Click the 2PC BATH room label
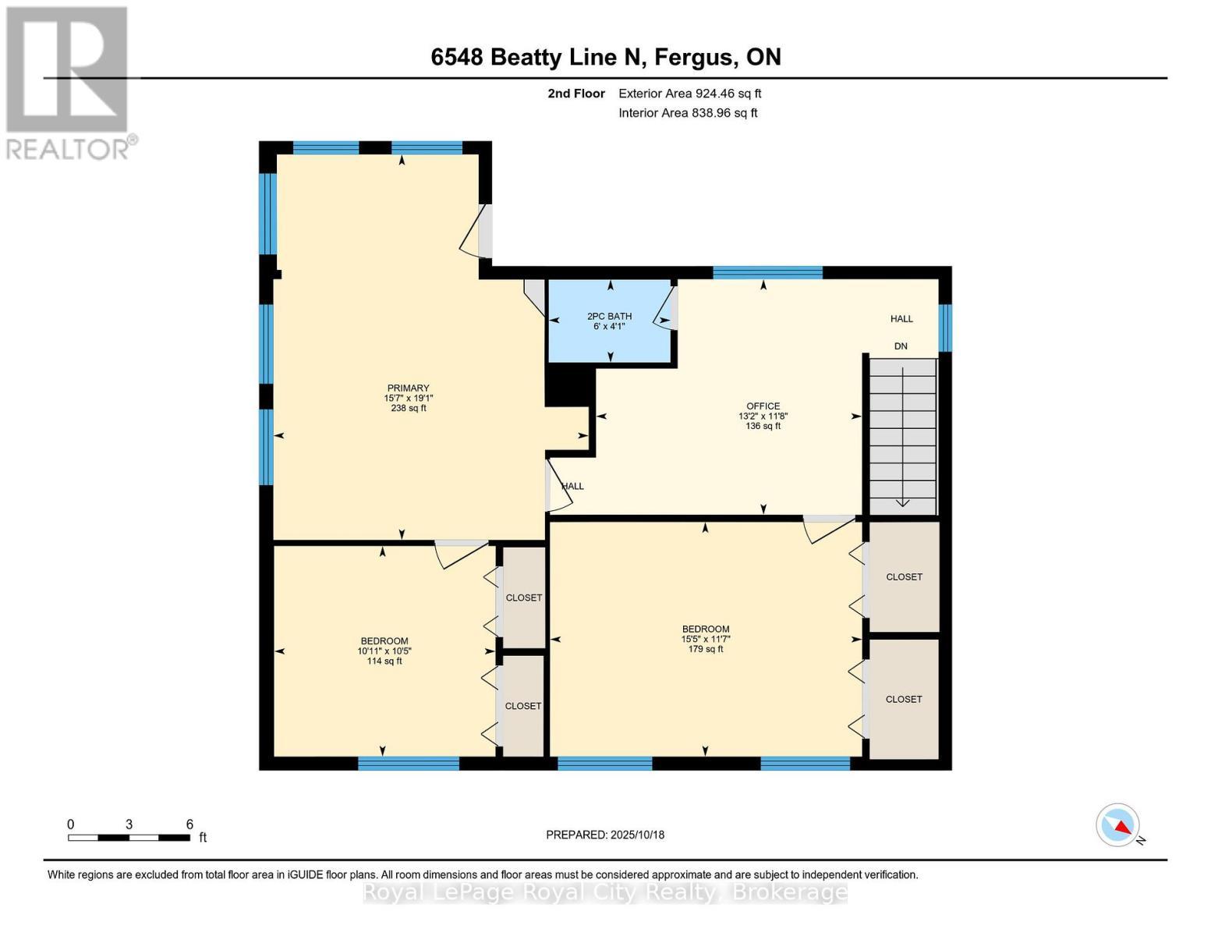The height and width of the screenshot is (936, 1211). [609, 321]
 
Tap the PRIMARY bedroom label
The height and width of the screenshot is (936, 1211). [408, 398]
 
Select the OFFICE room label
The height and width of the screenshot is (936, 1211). [763, 416]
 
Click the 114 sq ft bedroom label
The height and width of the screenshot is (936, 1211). [384, 651]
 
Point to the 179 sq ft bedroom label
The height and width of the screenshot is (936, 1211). [705, 639]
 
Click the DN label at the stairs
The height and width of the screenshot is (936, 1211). [901, 346]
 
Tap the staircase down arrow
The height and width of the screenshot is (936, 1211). [902, 437]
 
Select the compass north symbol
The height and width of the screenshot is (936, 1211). [1118, 825]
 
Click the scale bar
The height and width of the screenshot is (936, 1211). [129, 837]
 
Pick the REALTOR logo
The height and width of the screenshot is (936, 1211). [68, 82]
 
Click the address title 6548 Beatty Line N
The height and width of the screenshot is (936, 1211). [606, 57]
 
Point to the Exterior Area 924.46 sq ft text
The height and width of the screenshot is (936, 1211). [689, 94]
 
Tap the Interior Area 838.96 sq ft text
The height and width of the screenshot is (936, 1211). [688, 113]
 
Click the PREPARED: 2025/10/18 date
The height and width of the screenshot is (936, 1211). [605, 835]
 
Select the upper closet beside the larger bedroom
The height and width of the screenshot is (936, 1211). [904, 576]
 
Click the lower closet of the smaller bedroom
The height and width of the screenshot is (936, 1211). [523, 706]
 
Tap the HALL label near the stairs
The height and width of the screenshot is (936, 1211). [901, 318]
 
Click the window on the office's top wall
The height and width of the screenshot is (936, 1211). [767, 272]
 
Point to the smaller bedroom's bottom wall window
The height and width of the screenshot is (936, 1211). [408, 764]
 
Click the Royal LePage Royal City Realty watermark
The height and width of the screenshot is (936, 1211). [605, 892]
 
